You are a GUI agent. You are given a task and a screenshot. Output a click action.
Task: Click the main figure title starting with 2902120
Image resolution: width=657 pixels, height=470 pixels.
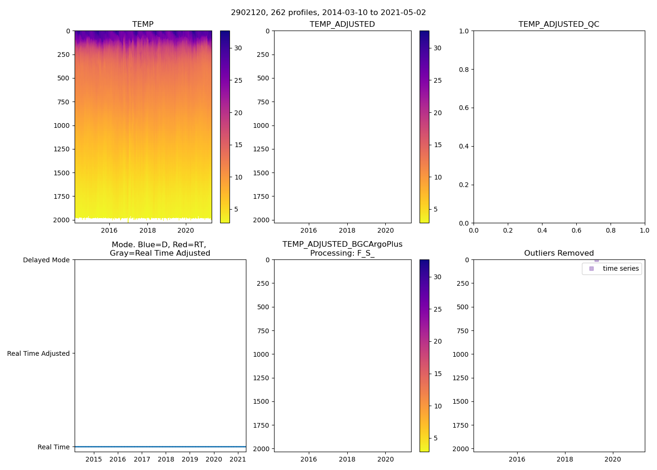328,13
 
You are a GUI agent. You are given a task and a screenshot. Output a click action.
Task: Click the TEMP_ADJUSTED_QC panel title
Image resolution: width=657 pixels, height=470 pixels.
558,24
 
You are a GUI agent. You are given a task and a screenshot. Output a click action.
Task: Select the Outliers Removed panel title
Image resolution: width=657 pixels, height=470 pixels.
558,253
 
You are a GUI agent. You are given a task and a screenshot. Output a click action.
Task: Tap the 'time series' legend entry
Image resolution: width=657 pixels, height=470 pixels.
620,268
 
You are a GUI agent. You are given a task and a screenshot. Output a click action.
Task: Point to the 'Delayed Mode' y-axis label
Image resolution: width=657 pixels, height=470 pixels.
46,260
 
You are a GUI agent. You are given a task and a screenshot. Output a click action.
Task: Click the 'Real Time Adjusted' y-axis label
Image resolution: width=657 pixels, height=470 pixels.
38,353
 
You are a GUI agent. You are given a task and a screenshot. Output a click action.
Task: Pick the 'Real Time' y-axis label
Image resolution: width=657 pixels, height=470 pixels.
53,447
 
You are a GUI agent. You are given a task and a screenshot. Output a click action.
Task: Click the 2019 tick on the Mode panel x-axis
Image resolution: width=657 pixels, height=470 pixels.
190,459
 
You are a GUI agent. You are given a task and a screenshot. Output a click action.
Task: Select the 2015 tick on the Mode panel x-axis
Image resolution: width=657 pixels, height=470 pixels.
93,459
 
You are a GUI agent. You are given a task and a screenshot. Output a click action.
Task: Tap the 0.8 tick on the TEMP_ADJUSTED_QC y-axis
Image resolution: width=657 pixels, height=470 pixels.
464,70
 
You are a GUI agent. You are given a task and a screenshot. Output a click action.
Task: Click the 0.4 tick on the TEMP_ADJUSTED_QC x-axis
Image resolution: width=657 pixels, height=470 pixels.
542,230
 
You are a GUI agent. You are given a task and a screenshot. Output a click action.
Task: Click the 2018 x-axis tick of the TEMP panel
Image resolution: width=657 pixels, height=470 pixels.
147,230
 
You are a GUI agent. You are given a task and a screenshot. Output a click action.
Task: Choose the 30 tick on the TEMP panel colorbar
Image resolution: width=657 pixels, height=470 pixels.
238,48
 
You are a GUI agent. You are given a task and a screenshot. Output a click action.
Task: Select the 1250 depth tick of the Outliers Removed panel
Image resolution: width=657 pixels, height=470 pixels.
460,378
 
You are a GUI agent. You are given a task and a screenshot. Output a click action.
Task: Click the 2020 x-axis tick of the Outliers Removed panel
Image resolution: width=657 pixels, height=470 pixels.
612,459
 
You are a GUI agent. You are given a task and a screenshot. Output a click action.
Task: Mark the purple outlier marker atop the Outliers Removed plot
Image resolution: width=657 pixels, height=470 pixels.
596,260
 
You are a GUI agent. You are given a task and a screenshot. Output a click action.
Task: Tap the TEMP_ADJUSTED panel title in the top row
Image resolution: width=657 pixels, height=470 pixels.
342,24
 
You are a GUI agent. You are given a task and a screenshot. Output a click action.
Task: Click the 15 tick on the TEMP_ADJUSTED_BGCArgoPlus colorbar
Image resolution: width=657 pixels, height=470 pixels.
438,374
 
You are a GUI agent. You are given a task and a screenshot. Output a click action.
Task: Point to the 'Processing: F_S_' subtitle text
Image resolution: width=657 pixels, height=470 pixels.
342,253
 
